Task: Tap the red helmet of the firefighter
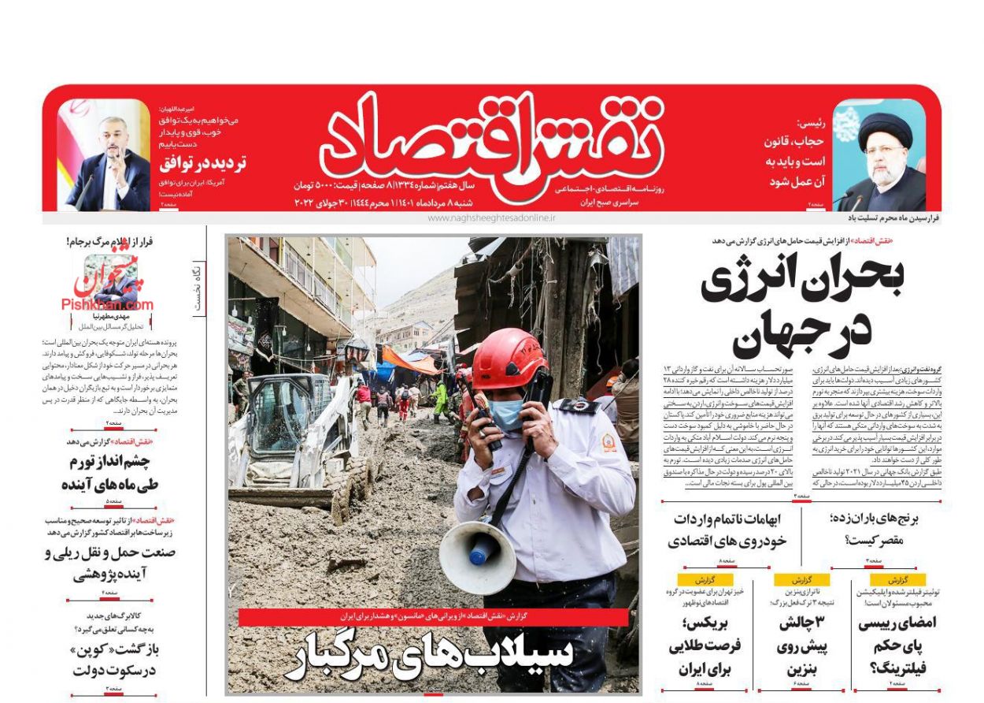508,359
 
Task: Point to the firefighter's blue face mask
508,414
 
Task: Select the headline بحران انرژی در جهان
803,307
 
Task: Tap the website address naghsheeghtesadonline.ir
491,217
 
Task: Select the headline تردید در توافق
203,164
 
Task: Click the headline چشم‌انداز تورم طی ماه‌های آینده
110,473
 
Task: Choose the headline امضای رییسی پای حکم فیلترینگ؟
897,645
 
